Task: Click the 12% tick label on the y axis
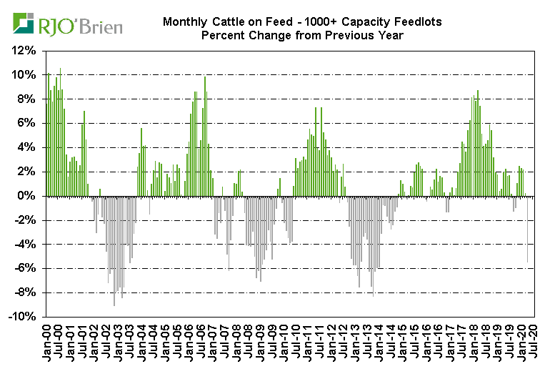pyautogui.click(x=26, y=51)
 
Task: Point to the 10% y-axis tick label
pyautogui.click(x=26, y=75)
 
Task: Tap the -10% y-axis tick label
pyautogui.click(x=25, y=316)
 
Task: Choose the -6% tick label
pyautogui.click(x=27, y=268)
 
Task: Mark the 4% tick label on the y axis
pyautogui.click(x=29, y=147)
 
